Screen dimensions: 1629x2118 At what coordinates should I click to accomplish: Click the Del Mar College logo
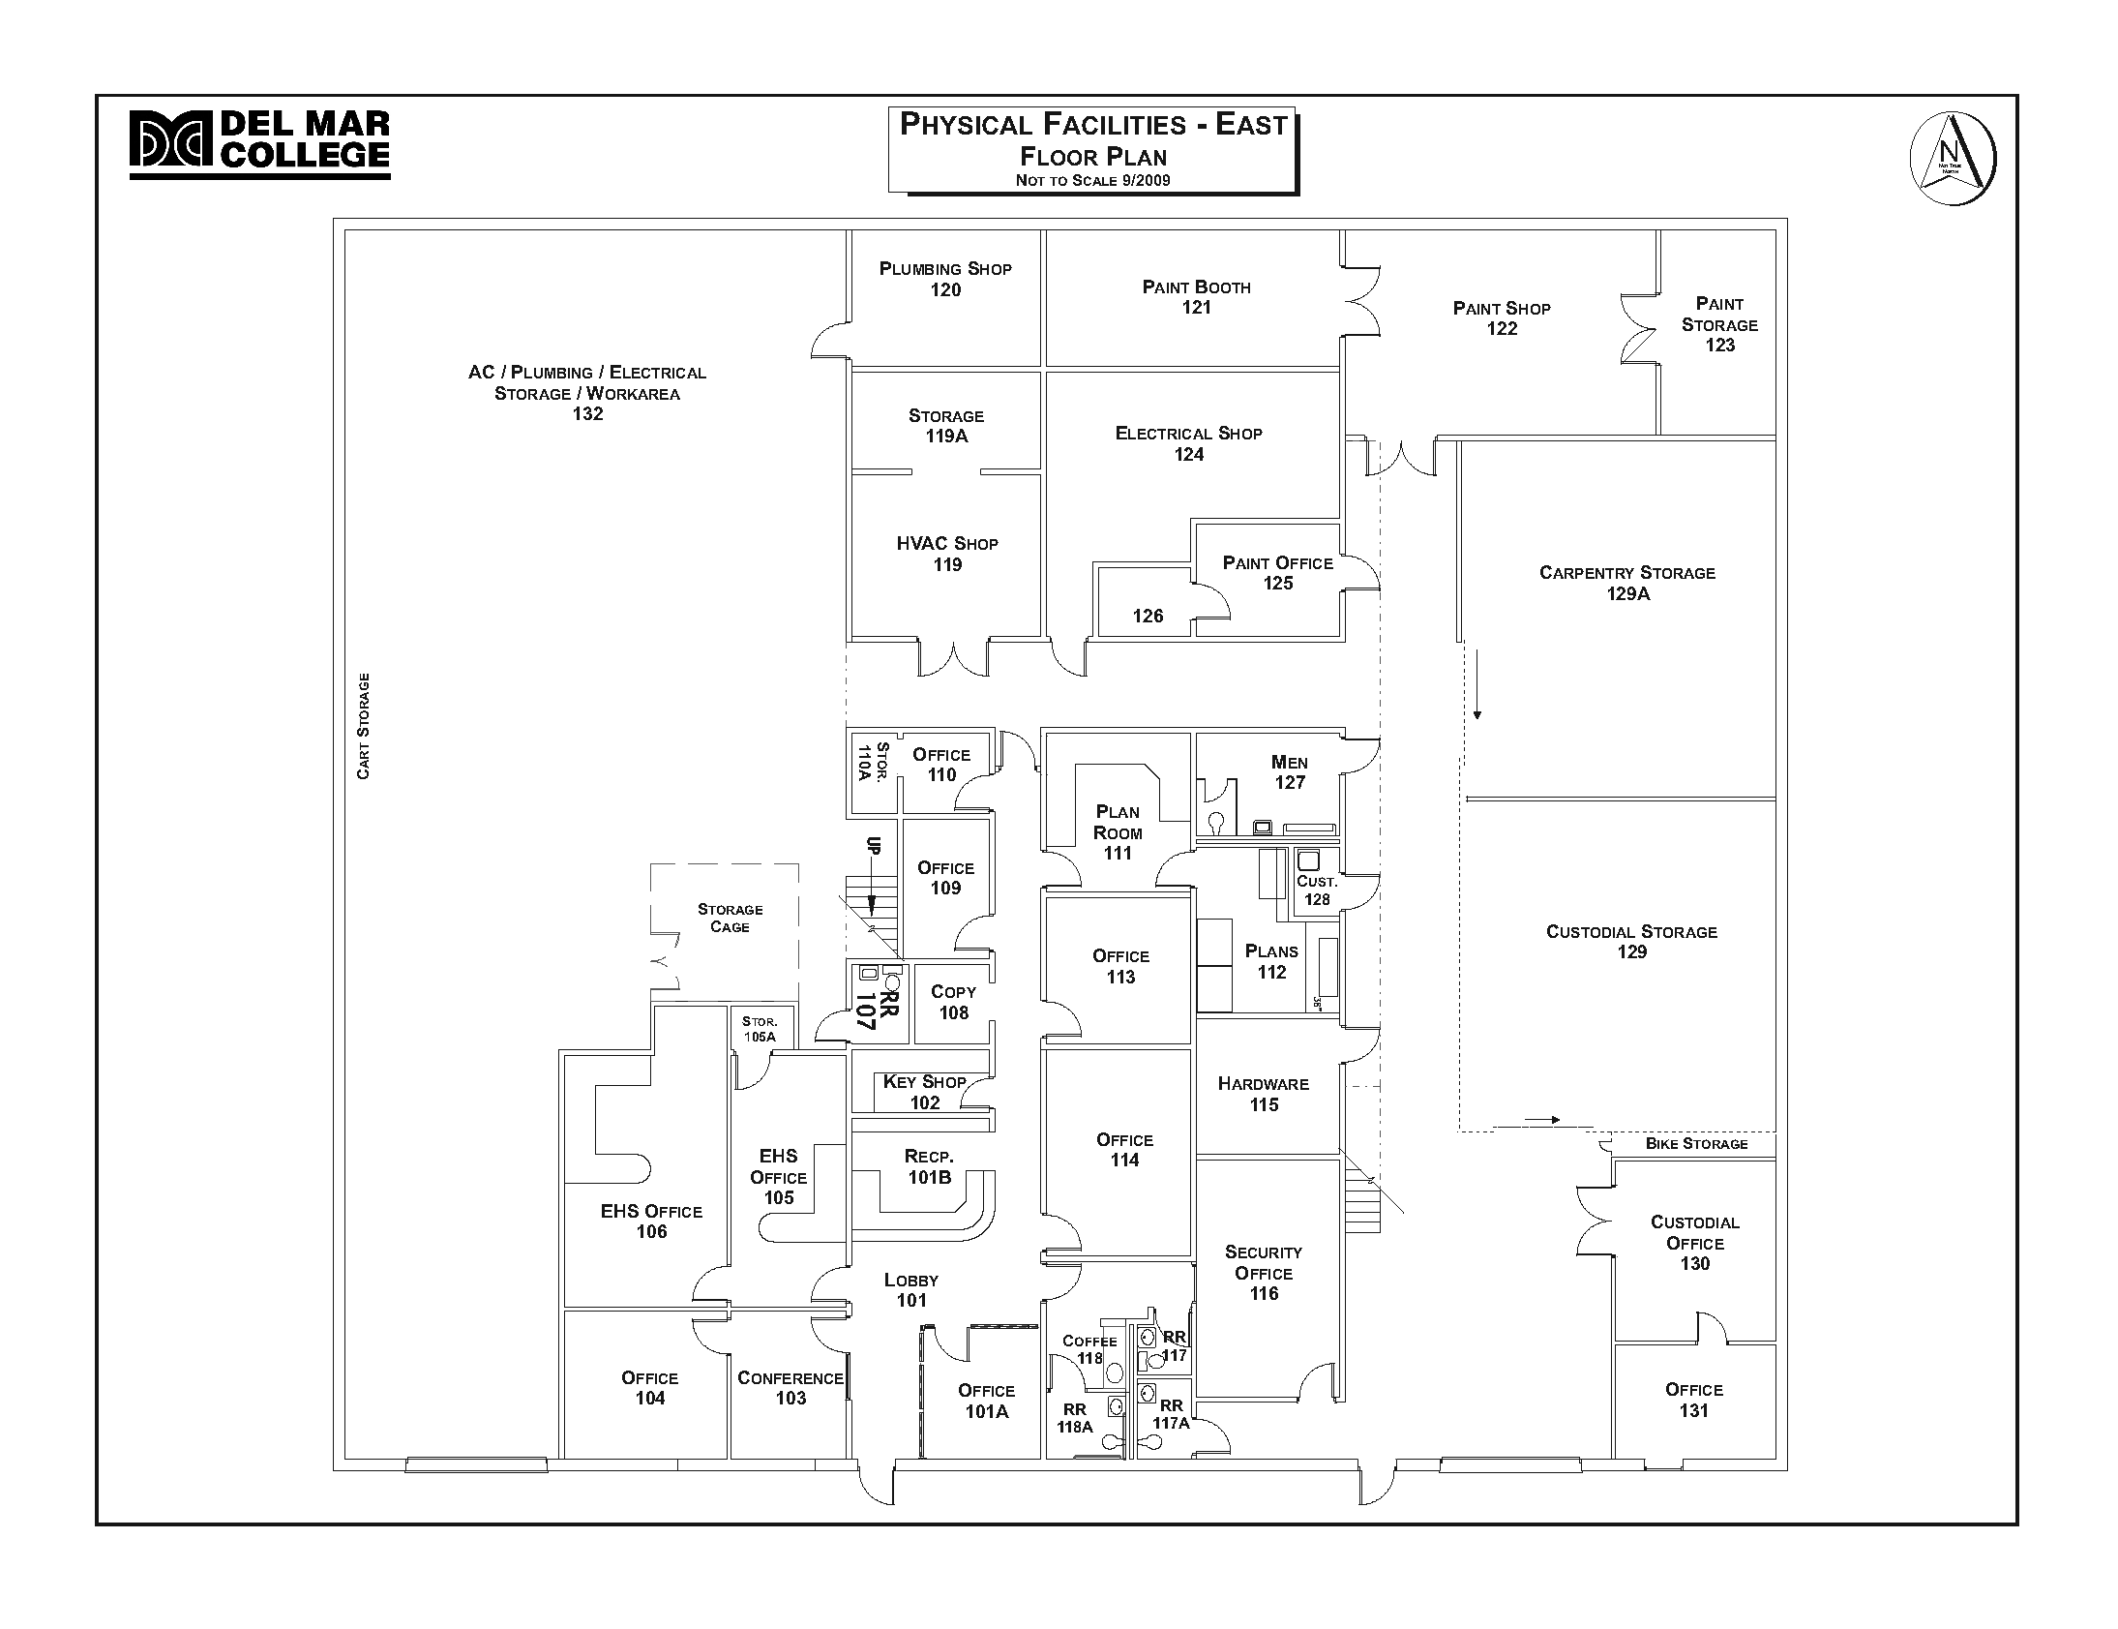tap(258, 143)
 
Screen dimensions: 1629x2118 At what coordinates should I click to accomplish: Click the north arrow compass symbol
tap(1952, 159)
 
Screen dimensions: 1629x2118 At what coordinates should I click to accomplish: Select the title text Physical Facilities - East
tap(1092, 125)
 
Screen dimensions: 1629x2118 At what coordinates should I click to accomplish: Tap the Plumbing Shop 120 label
tap(945, 280)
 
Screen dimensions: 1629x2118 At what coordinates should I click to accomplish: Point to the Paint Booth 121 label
tap(1196, 297)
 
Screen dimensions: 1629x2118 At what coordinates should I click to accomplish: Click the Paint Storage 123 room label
tap(1718, 324)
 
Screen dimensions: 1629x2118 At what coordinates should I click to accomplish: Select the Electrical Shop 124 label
tap(1188, 443)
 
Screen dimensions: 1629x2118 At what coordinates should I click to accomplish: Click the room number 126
tap(1148, 616)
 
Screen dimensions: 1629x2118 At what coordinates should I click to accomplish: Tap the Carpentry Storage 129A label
tap(1626, 583)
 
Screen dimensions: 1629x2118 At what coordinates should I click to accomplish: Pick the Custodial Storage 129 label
tap(1631, 942)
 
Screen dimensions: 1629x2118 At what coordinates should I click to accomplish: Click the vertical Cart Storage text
tap(364, 726)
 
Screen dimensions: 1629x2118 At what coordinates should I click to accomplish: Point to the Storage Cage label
tap(730, 918)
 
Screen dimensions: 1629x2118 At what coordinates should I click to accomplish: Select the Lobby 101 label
tap(911, 1289)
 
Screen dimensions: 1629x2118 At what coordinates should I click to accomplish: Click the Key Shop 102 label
tap(924, 1092)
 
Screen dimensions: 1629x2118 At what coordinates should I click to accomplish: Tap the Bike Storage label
tap(1695, 1144)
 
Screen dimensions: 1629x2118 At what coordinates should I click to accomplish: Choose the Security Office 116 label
tap(1263, 1272)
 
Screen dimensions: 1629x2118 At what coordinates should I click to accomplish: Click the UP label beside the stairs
tap(873, 846)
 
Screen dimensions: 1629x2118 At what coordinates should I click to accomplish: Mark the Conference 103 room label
tap(790, 1388)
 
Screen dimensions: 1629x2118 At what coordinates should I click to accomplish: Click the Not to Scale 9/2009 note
tap(1092, 180)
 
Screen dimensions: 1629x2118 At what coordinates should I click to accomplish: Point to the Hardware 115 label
tap(1263, 1094)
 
